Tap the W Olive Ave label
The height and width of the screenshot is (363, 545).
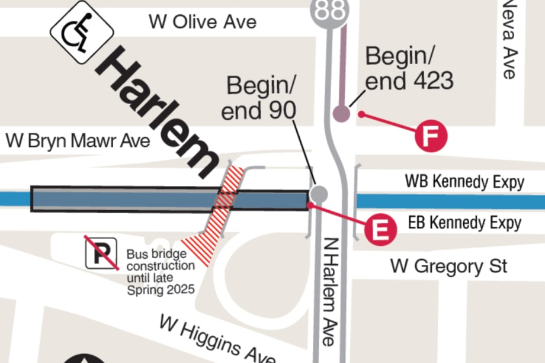[x=203, y=22]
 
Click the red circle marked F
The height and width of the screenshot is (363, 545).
[x=431, y=136]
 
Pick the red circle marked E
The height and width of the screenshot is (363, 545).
[x=380, y=229]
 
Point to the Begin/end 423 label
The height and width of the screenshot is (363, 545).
[x=409, y=68]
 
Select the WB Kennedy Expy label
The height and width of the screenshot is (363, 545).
[x=464, y=182]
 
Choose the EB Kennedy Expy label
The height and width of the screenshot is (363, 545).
[x=465, y=223]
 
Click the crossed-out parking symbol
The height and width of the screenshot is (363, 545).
[x=100, y=251]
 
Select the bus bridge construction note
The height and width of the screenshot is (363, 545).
[x=160, y=272]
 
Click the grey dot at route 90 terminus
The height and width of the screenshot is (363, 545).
[x=319, y=193]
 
